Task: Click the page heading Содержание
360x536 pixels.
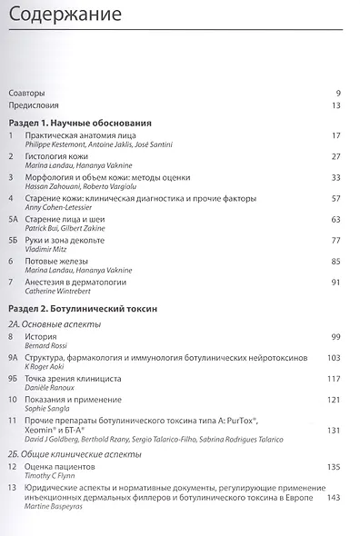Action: [x=56, y=16]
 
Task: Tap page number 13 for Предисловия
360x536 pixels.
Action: [x=335, y=106]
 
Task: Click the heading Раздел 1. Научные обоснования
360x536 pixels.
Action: [x=79, y=123]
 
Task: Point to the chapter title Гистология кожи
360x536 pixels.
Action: [x=64, y=156]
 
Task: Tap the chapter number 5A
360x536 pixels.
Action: [x=13, y=219]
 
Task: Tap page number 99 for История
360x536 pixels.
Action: [x=335, y=337]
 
